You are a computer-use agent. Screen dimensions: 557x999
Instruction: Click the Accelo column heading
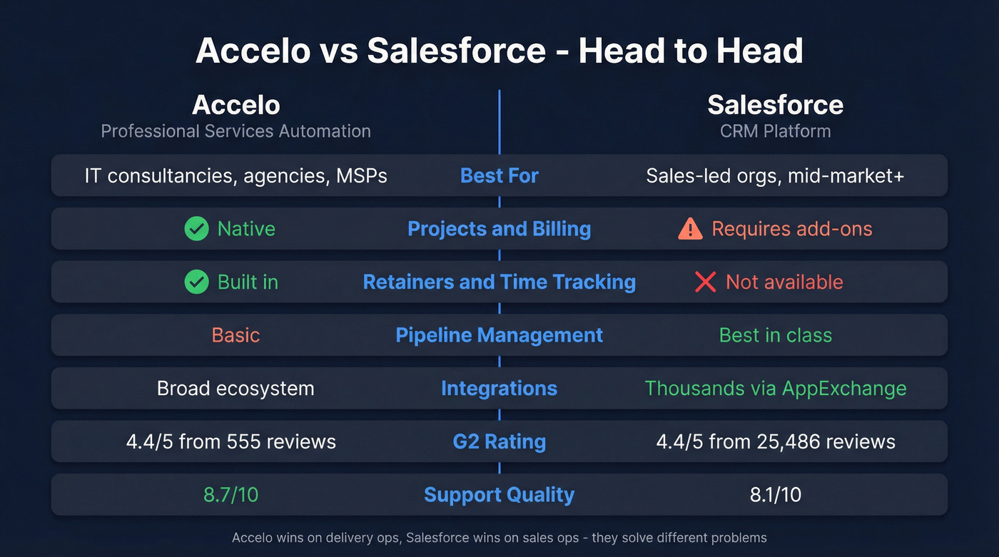click(235, 106)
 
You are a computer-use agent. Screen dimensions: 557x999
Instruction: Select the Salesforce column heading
click(775, 106)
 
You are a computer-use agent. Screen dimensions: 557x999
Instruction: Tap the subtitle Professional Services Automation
click(235, 131)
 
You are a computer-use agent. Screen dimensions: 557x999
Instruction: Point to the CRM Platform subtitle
click(775, 131)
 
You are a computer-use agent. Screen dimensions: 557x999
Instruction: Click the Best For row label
click(499, 175)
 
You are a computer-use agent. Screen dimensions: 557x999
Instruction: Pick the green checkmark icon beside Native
click(196, 229)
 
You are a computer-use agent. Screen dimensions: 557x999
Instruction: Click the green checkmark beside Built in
click(196, 282)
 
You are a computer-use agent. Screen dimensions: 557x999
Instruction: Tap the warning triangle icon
click(690, 229)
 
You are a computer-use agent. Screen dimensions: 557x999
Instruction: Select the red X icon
click(705, 282)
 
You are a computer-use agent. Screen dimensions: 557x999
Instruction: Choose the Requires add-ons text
click(791, 229)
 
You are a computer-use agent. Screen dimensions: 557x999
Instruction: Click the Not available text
click(784, 282)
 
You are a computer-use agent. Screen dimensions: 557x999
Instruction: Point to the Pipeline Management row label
click(499, 335)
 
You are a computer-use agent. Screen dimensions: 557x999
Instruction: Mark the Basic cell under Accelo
click(235, 335)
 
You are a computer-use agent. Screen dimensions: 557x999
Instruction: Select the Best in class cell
click(775, 335)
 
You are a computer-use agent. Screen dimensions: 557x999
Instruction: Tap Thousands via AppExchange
click(775, 389)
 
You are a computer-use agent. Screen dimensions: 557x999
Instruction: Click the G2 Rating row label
click(499, 442)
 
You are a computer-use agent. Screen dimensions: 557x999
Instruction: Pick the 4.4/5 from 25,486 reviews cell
click(775, 442)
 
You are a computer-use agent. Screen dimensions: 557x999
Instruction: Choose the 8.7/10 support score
click(230, 495)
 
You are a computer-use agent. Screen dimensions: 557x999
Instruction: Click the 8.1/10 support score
click(775, 495)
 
